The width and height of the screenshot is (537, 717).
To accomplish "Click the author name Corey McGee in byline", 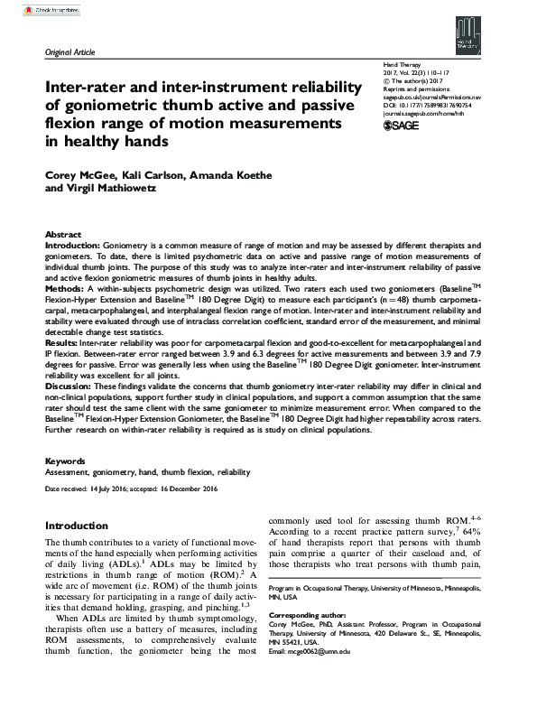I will pyautogui.click(x=80, y=173).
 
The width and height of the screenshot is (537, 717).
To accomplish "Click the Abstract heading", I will pyautogui.click(x=63, y=233).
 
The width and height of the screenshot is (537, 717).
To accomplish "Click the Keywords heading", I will pyautogui.click(x=65, y=461).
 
